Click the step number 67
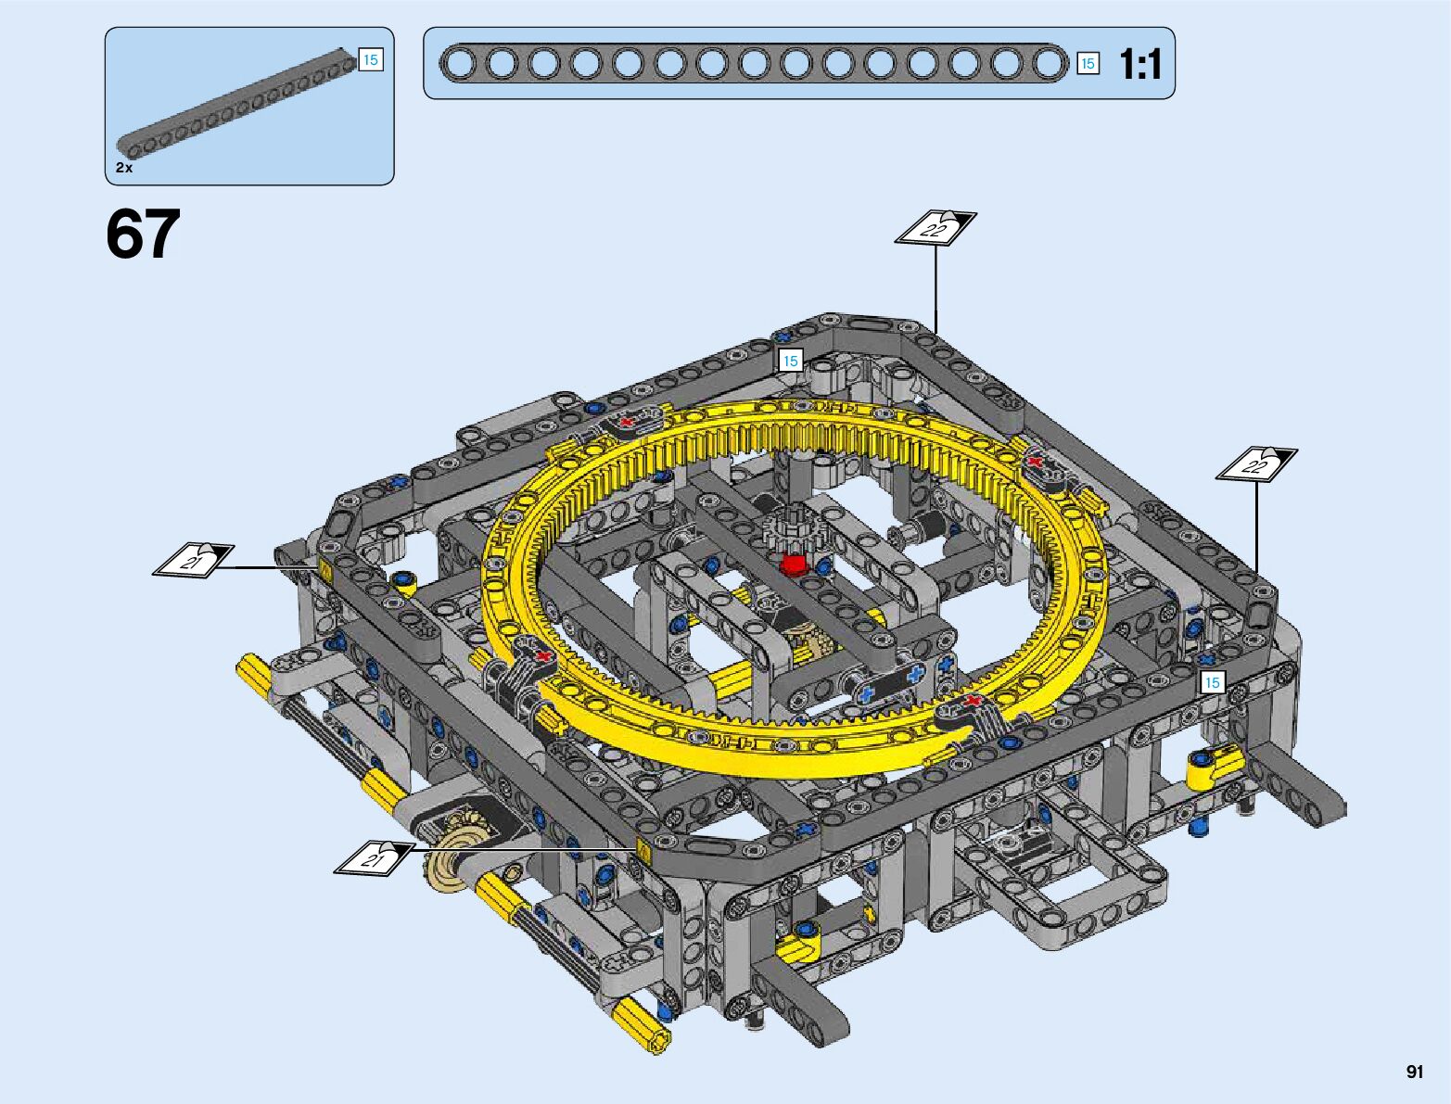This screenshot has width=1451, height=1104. tap(143, 234)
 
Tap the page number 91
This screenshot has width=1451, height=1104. tap(1415, 1072)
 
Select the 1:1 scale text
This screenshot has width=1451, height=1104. tap(1140, 65)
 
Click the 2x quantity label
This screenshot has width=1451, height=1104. tap(124, 168)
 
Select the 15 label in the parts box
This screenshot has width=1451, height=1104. tap(370, 60)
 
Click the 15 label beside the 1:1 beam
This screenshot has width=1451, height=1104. tap(1088, 63)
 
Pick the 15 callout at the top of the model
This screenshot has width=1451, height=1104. tap(791, 361)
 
